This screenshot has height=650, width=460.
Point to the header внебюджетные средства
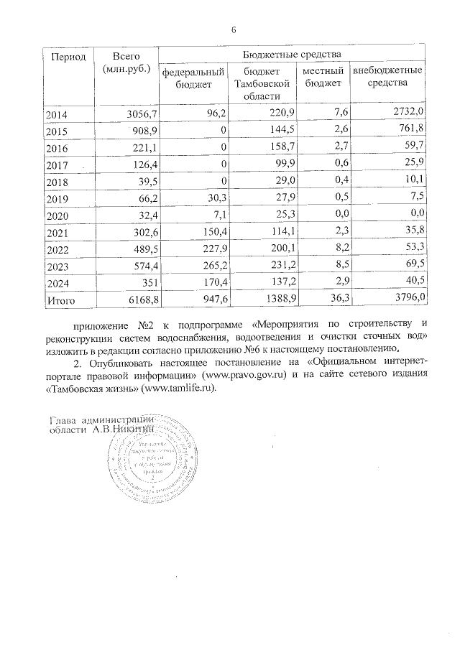pos(387,78)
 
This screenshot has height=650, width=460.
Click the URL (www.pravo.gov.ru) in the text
pos(245,376)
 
